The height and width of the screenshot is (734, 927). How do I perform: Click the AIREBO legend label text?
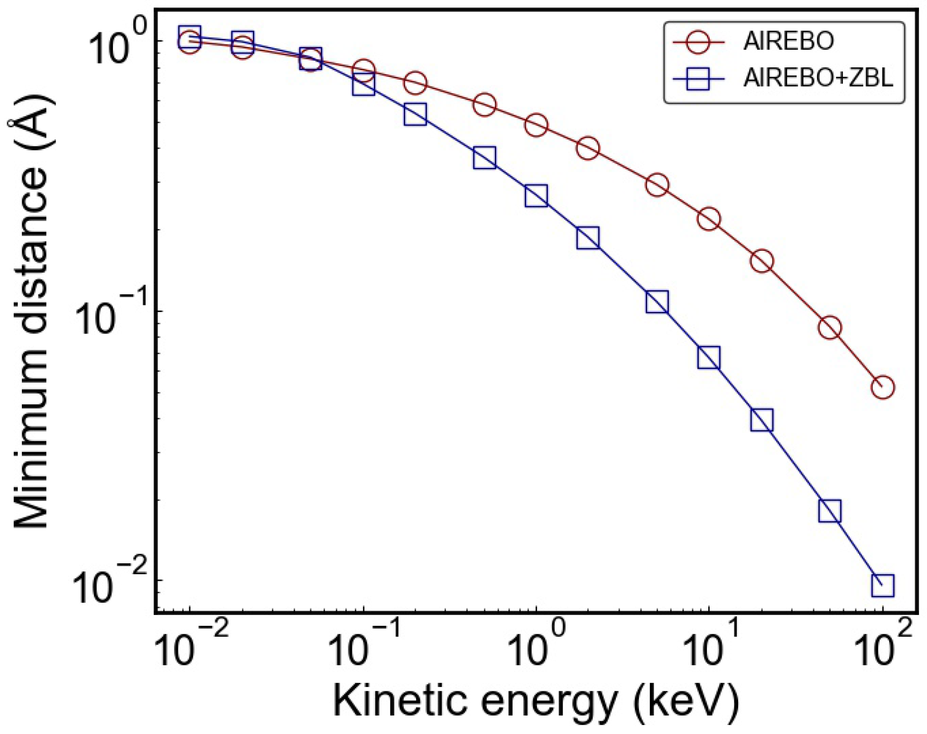788,41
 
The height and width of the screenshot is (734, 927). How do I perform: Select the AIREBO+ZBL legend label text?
818,78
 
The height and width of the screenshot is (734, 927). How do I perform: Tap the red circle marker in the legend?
698,41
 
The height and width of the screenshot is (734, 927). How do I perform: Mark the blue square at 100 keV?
882,586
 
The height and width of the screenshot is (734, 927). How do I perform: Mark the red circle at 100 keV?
882,387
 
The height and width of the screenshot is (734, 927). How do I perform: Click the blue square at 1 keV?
536,195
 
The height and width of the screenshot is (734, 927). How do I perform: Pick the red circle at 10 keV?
709,219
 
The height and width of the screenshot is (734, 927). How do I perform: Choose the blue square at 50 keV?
830,511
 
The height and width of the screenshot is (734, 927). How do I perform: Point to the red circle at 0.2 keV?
415,83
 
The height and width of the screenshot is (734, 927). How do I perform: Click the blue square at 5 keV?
657,302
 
